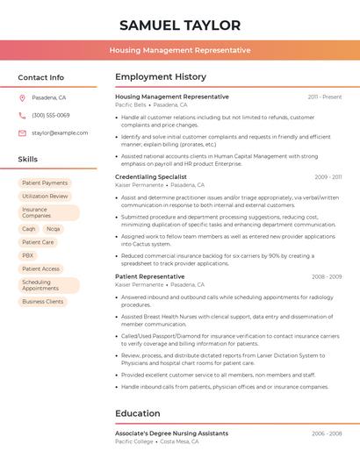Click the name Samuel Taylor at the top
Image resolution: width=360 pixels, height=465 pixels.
pyautogui.click(x=179, y=25)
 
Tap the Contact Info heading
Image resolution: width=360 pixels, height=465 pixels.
pyautogui.click(x=40, y=77)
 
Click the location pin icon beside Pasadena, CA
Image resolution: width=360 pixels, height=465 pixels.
pyautogui.click(x=22, y=98)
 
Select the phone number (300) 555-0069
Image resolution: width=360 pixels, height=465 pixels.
pyautogui.click(x=50, y=115)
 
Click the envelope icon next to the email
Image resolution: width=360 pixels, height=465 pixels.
pyautogui.click(x=22, y=132)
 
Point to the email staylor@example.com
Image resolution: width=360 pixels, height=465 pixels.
pyautogui.click(x=60, y=132)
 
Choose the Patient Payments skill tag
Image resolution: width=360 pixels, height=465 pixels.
pyautogui.click(x=45, y=182)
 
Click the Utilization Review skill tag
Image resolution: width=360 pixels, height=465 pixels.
pyautogui.click(x=45, y=197)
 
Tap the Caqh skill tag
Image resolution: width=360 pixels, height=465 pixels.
pyautogui.click(x=29, y=228)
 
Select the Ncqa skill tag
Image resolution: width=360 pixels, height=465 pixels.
pyautogui.click(x=54, y=228)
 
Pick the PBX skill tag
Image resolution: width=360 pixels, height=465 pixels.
pyautogui.click(x=28, y=255)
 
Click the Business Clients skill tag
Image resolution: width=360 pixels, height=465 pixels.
pyautogui.click(x=43, y=302)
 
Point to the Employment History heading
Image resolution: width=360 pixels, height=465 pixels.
pyautogui.click(x=161, y=77)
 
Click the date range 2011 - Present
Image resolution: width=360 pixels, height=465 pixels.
pyautogui.click(x=325, y=97)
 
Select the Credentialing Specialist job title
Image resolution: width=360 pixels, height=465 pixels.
pyautogui.click(x=151, y=176)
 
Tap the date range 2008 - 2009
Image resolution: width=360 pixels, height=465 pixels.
pyautogui.click(x=327, y=276)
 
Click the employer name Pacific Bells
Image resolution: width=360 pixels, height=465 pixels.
pyautogui.click(x=131, y=104)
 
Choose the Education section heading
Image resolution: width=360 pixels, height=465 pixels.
pyautogui.click(x=138, y=413)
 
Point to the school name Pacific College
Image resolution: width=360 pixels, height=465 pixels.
pyautogui.click(x=134, y=441)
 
